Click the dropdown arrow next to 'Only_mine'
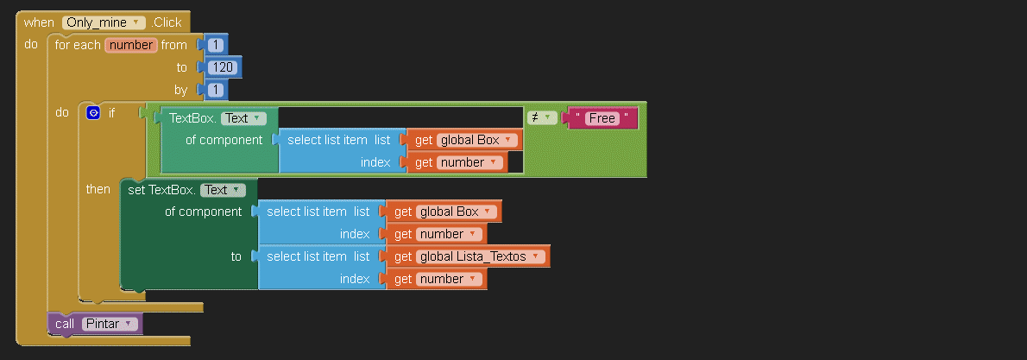pyautogui.click(x=135, y=22)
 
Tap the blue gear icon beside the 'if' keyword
pyautogui.click(x=93, y=113)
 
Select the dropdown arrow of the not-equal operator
pyautogui.click(x=546, y=118)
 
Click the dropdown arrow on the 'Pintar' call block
pyautogui.click(x=128, y=324)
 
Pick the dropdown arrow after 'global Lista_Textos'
pyautogui.click(x=536, y=256)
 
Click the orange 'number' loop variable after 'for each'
pyautogui.click(x=131, y=45)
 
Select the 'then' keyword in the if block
pyautogui.click(x=98, y=190)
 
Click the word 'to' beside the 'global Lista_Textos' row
pyautogui.click(x=236, y=256)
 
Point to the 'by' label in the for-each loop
pyautogui.click(x=180, y=91)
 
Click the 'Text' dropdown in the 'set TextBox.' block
pyautogui.click(x=223, y=190)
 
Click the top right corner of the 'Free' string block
pyautogui.click(x=638, y=107)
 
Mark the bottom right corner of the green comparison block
pyautogui.click(x=646, y=177)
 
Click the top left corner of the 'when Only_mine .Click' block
pyautogui.click(x=16, y=11)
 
